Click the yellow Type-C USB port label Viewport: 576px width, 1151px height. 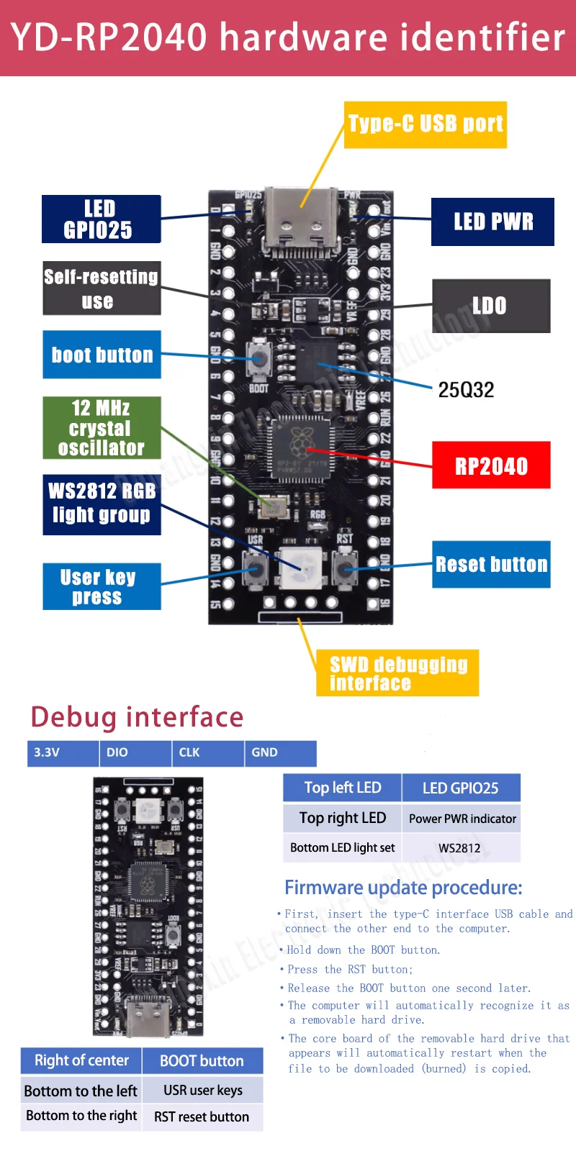(425, 124)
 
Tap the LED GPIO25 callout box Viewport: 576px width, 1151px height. (101, 219)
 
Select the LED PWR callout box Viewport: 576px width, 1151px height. (492, 222)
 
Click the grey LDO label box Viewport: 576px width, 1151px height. (491, 306)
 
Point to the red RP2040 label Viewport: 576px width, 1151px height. (491, 465)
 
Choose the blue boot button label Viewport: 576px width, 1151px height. (102, 355)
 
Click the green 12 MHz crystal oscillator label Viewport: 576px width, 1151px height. (102, 428)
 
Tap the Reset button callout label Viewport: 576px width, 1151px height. (491, 564)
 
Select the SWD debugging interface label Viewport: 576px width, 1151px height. (397, 673)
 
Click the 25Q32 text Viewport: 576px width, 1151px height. (466, 390)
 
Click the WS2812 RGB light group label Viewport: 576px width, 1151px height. (102, 504)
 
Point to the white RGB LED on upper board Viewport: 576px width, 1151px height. (300, 565)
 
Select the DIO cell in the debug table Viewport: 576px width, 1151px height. (135, 752)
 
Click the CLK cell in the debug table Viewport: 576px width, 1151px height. (208, 752)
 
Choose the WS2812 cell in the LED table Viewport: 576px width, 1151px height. (460, 848)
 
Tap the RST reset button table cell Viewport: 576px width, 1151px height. (202, 1117)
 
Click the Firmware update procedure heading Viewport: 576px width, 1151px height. (403, 888)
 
